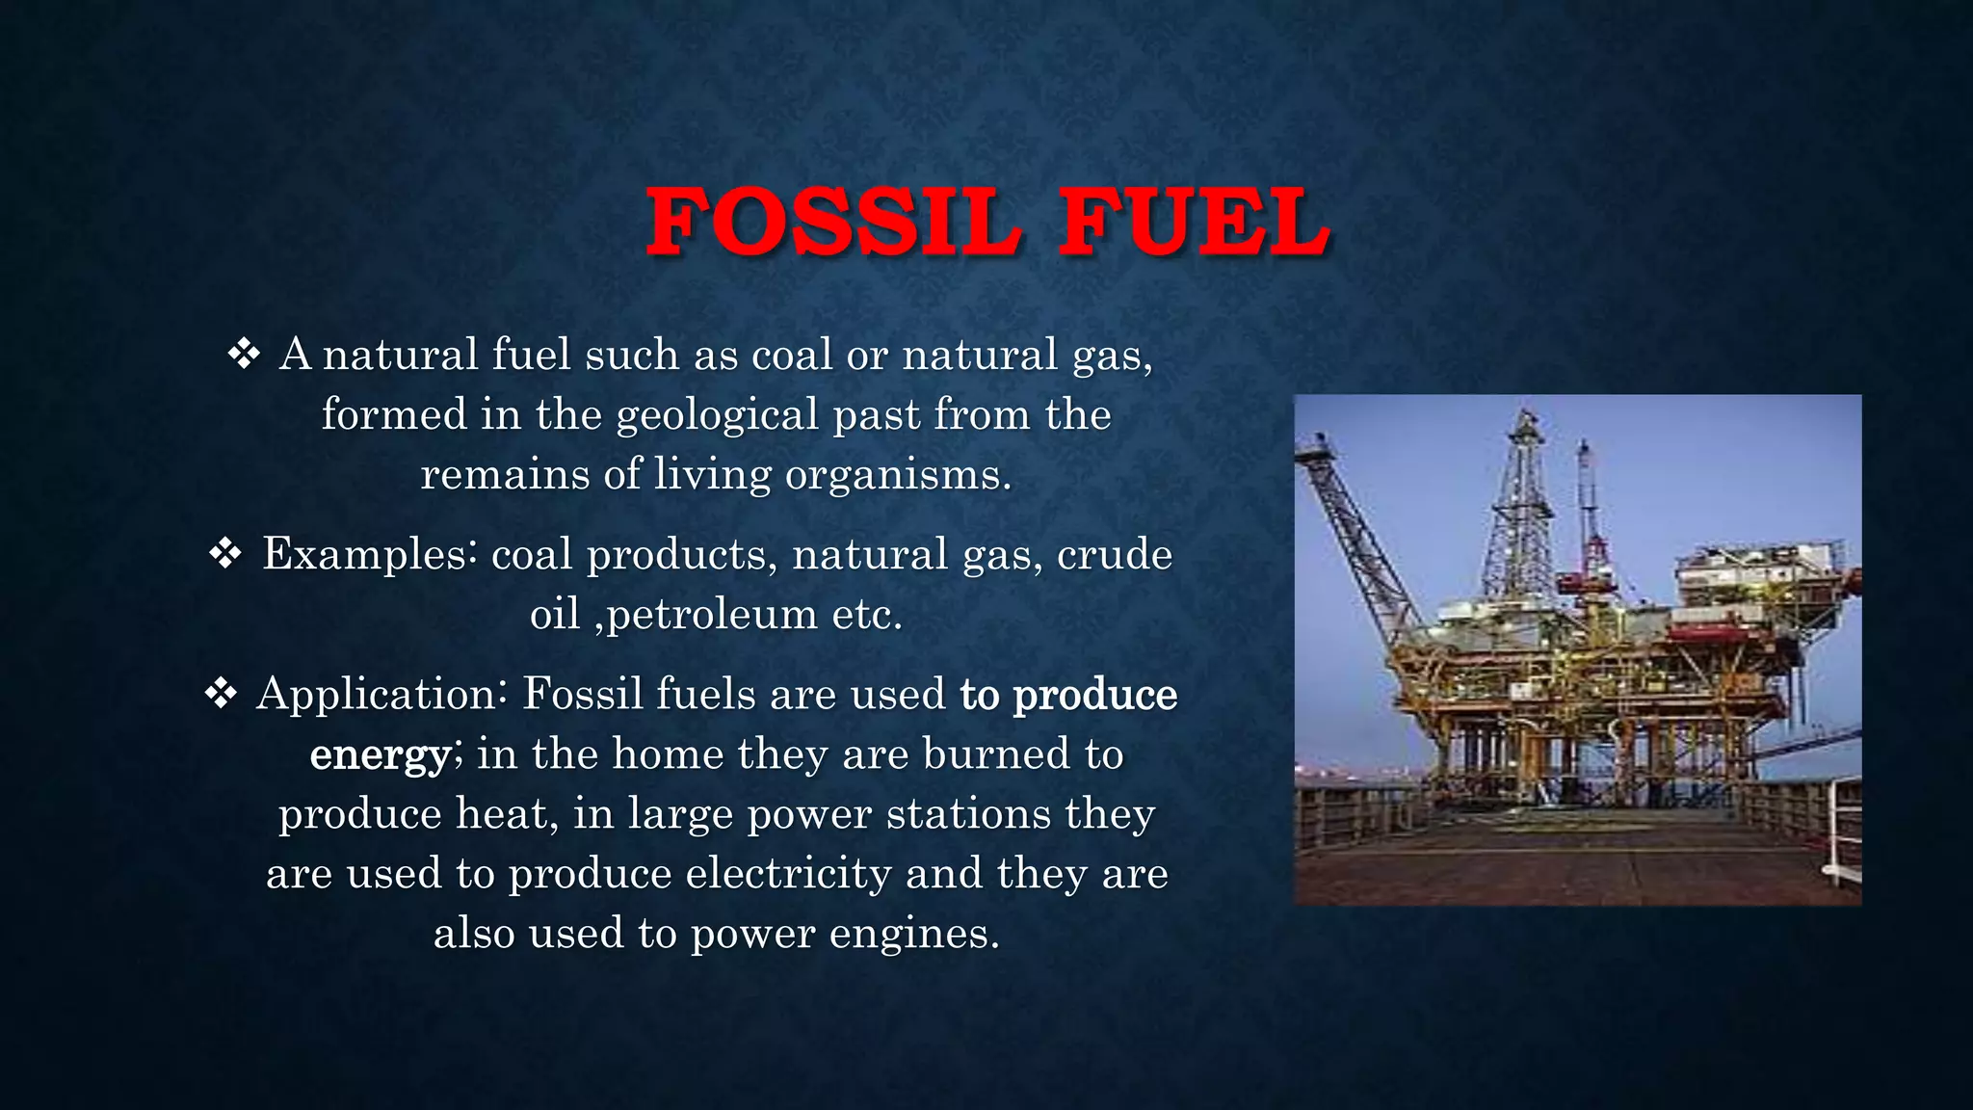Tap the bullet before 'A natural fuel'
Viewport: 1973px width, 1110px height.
tap(245, 355)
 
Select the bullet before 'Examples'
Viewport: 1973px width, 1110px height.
tap(225, 554)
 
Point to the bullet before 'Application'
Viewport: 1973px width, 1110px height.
tap(222, 694)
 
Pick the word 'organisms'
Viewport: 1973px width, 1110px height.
tap(898, 475)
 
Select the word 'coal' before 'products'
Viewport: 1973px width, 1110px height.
tap(532, 555)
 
